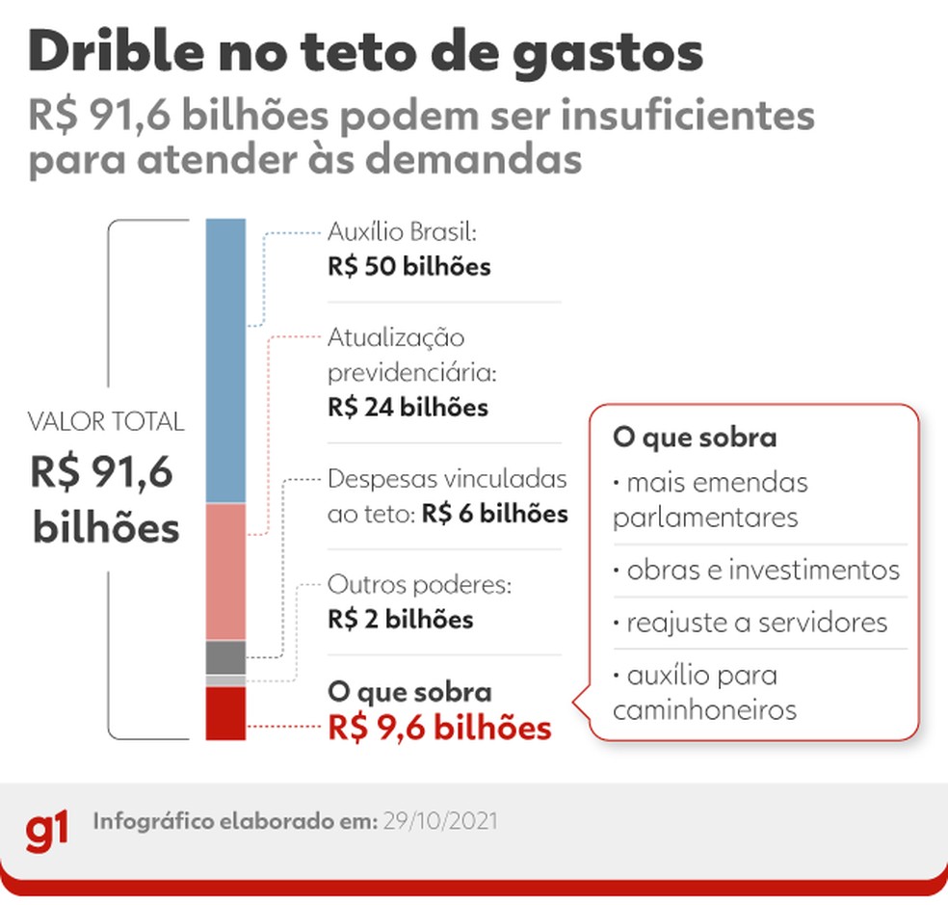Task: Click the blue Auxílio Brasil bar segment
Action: coord(225,361)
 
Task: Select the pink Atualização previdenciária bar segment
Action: coord(225,571)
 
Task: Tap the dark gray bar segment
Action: coord(225,657)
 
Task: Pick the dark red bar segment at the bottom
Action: coord(225,713)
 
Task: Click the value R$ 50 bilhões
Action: coord(408,267)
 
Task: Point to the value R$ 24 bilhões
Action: coord(408,408)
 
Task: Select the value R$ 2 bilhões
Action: coord(400,619)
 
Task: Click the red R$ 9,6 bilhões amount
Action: coord(439,729)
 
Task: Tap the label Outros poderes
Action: coord(418,585)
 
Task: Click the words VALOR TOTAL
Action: coord(106,422)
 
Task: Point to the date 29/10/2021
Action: coord(441,822)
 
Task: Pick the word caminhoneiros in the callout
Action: coord(704,710)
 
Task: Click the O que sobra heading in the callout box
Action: coord(694,438)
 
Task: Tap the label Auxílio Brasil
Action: coord(402,232)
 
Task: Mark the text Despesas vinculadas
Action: coord(447,479)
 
